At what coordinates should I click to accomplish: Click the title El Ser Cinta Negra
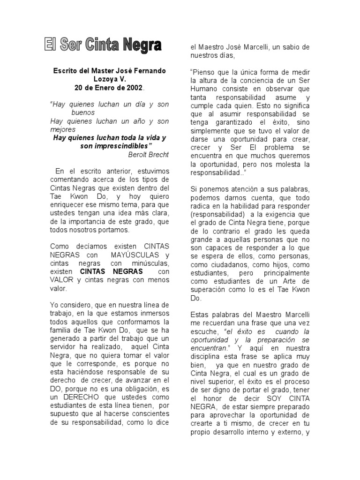[x=103, y=45]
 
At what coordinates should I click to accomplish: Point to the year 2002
[x=133, y=88]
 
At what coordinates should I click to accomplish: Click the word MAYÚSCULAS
[x=133, y=255]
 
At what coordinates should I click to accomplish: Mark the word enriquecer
[x=69, y=205]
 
